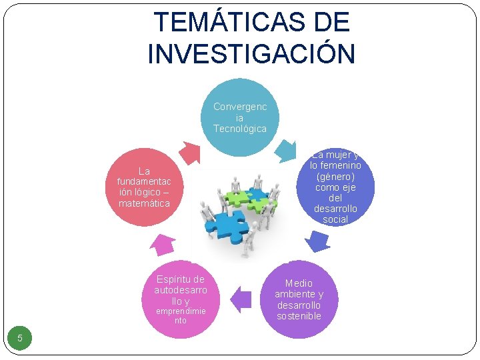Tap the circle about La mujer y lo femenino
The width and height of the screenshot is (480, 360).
click(x=335, y=187)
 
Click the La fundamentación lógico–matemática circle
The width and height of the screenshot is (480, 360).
click(x=144, y=187)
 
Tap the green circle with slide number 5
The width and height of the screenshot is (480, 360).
click(x=20, y=338)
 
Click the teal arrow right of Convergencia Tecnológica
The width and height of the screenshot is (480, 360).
click(x=289, y=149)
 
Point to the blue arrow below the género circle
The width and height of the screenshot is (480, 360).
click(x=317, y=241)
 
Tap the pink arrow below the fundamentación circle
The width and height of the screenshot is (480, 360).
click(x=163, y=244)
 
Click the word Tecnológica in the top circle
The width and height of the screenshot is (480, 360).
click(x=239, y=129)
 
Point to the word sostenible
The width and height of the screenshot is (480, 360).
click(x=299, y=316)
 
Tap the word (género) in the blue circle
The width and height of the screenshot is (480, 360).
click(x=335, y=177)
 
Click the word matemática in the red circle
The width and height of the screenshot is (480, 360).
click(x=144, y=203)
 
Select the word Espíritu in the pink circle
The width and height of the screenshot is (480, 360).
click(x=180, y=279)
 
